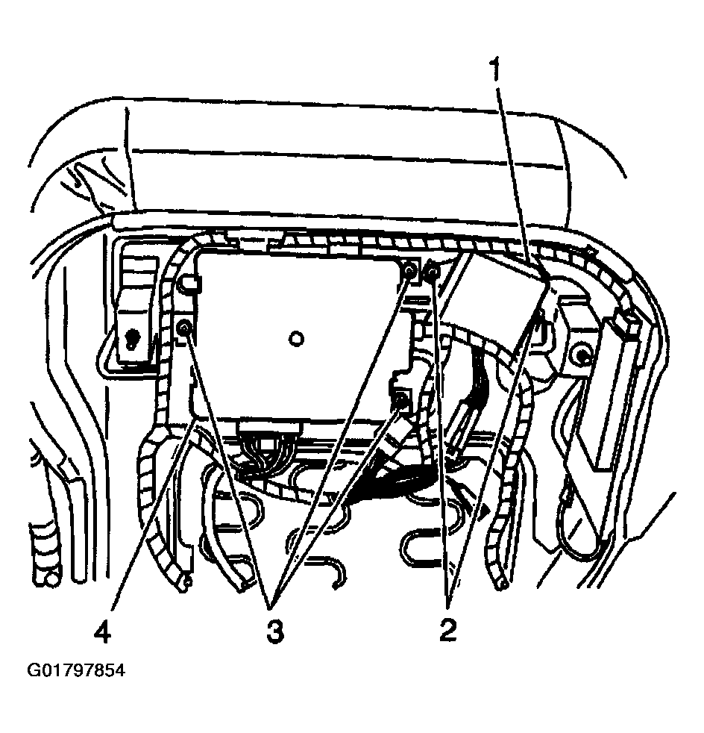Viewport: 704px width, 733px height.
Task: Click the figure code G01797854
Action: click(x=76, y=670)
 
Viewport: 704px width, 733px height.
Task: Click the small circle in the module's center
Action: click(x=296, y=339)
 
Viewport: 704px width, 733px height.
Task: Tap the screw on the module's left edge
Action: click(x=184, y=326)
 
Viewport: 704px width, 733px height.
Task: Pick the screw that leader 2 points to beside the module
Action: click(x=431, y=274)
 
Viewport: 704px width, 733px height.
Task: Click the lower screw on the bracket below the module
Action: click(x=402, y=402)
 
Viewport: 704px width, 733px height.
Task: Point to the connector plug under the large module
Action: click(x=268, y=437)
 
